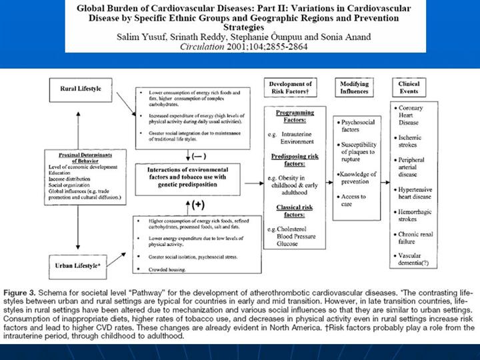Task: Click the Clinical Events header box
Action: click(x=409, y=88)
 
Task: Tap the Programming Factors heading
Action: click(x=295, y=117)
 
